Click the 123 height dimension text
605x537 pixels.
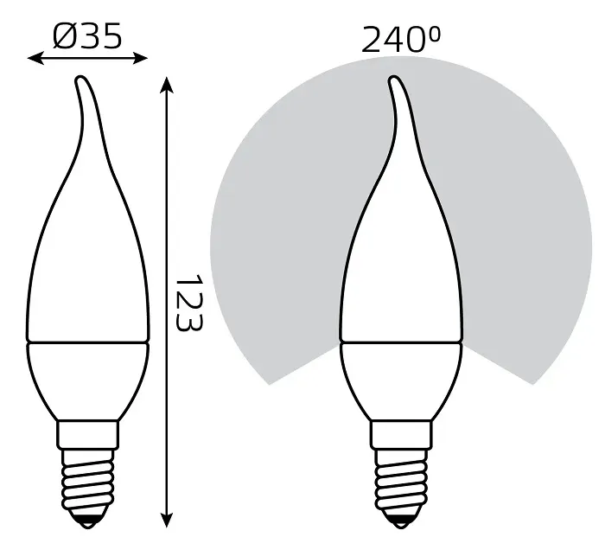187,304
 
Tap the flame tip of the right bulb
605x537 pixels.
394,81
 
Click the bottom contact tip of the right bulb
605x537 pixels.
400,521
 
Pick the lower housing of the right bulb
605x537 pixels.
400,380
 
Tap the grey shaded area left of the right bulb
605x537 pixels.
277,259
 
